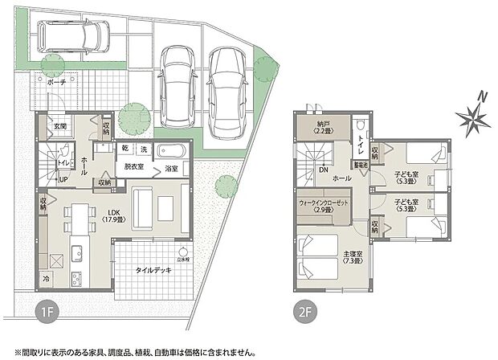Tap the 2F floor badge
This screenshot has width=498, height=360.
[306, 310]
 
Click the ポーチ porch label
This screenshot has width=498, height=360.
[57, 81]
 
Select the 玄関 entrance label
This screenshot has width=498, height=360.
[60, 126]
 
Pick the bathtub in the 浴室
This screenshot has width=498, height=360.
[171, 150]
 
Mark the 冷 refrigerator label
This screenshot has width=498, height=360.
[46, 277]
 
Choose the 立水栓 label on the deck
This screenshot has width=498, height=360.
[184, 260]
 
